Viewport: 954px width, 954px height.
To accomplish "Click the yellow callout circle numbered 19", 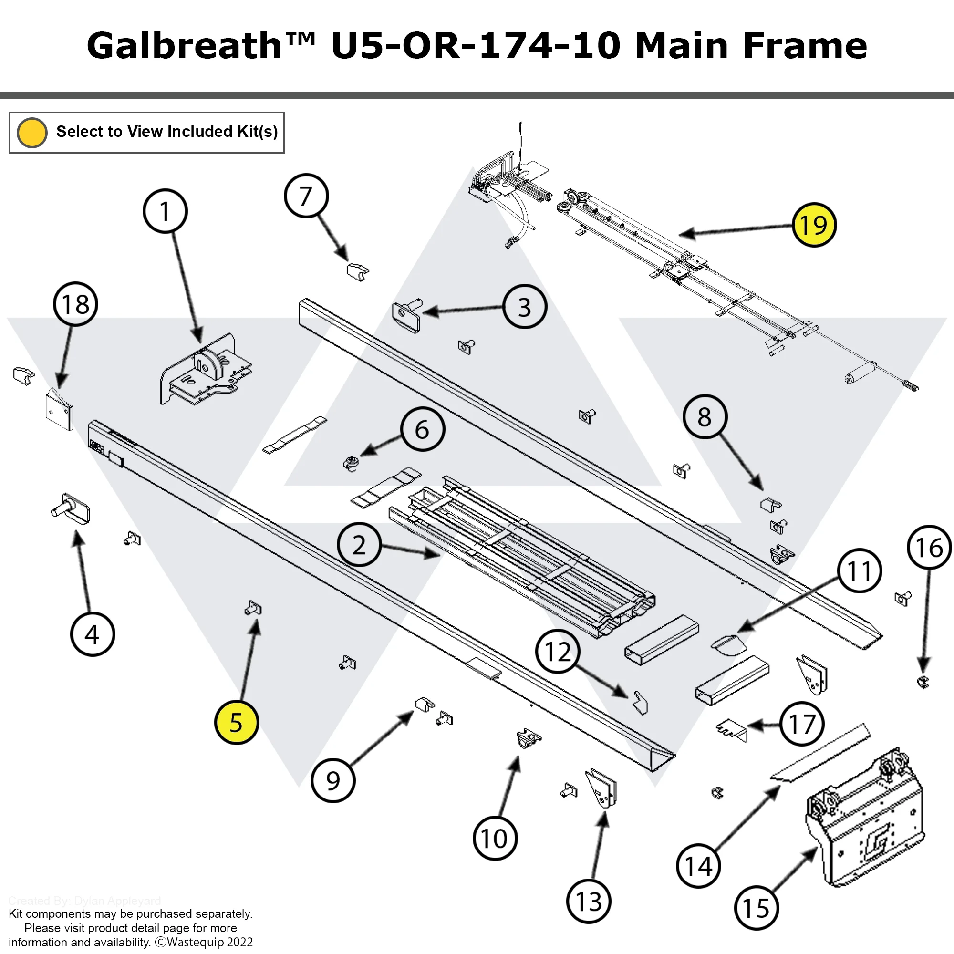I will (x=813, y=225).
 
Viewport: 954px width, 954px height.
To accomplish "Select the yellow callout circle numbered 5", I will (x=237, y=722).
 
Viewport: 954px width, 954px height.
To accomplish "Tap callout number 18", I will (x=75, y=304).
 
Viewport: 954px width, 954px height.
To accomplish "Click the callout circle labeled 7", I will (x=306, y=196).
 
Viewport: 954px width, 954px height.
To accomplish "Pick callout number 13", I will (x=589, y=901).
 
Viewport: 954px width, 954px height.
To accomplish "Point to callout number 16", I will (x=929, y=548).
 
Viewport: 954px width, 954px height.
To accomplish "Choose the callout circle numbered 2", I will (x=359, y=545).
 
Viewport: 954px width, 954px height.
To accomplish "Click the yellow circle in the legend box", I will (x=32, y=132).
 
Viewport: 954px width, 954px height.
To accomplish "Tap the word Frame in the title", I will (x=805, y=45).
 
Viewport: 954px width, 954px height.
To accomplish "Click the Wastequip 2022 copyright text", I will (x=205, y=942).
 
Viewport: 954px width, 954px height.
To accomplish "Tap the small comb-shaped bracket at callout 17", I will (x=732, y=730).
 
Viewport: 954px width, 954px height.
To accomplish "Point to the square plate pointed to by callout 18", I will (x=59, y=410).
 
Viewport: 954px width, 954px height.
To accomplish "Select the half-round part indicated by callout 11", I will (x=728, y=644).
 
